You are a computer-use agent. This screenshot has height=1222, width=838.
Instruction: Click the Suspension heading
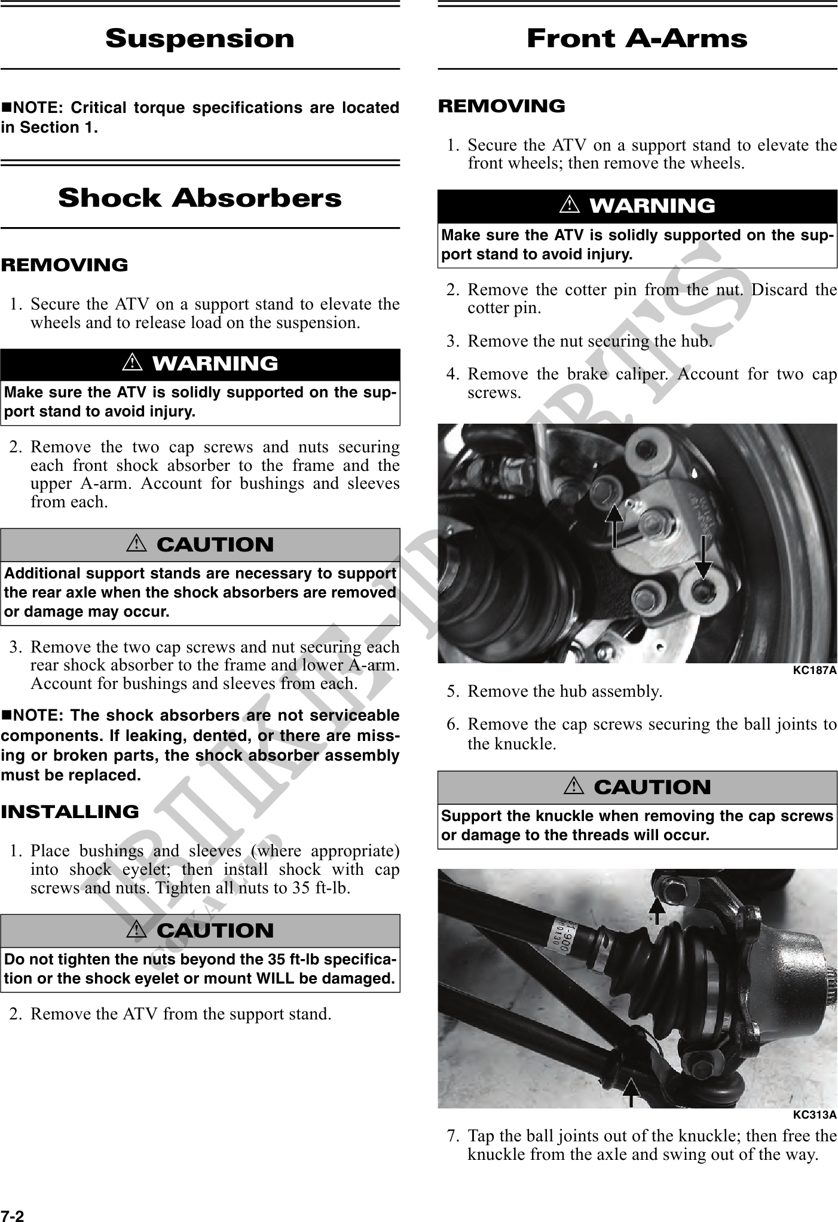tap(200, 39)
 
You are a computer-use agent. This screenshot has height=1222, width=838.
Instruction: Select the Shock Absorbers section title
tap(200, 198)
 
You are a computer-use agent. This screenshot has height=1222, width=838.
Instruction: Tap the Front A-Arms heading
tap(637, 39)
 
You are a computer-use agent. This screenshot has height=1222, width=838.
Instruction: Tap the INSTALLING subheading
tap(69, 811)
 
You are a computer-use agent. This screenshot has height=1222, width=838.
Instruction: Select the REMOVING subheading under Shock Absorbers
tap(64, 265)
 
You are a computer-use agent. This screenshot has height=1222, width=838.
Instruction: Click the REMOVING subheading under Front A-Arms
tap(501, 106)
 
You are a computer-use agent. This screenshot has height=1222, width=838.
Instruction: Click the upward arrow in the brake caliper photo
tap(614, 525)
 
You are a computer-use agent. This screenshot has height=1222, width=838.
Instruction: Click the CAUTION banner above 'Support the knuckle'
tap(637, 787)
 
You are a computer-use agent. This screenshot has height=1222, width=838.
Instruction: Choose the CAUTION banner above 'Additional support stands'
tap(200, 544)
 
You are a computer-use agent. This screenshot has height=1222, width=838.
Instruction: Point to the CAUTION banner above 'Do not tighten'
tap(200, 930)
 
